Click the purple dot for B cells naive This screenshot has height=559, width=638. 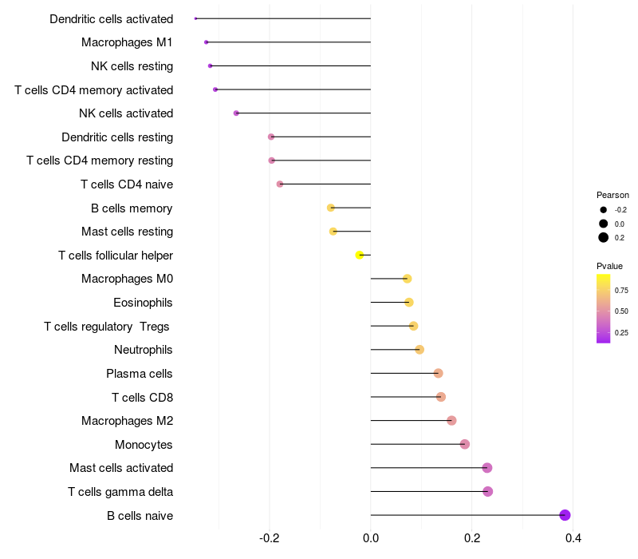pos(565,515)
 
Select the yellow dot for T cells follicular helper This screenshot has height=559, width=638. pos(360,256)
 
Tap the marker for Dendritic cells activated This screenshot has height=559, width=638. pos(195,18)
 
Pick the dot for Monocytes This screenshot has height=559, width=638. pos(465,444)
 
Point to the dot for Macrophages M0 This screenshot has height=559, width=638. pos(407,279)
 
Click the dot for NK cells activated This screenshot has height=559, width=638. pos(236,113)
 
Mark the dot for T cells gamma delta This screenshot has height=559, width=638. pos(488,491)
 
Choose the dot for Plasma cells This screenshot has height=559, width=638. pos(438,373)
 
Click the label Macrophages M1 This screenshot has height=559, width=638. pos(127,42)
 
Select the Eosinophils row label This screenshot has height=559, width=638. pos(144,303)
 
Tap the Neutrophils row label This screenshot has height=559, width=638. pos(144,350)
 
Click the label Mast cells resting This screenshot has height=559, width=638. pos(127,232)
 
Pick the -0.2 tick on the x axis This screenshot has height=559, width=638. pos(270,538)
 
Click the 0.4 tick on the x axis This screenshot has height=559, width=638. pos(573,538)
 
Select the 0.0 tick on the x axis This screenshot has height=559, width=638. pos(371,538)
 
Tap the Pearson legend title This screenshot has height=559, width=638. pos(612,195)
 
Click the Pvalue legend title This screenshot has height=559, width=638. pos(610,266)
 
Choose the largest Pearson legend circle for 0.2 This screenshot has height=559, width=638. pos(604,237)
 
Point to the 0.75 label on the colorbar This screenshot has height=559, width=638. pos(621,290)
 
